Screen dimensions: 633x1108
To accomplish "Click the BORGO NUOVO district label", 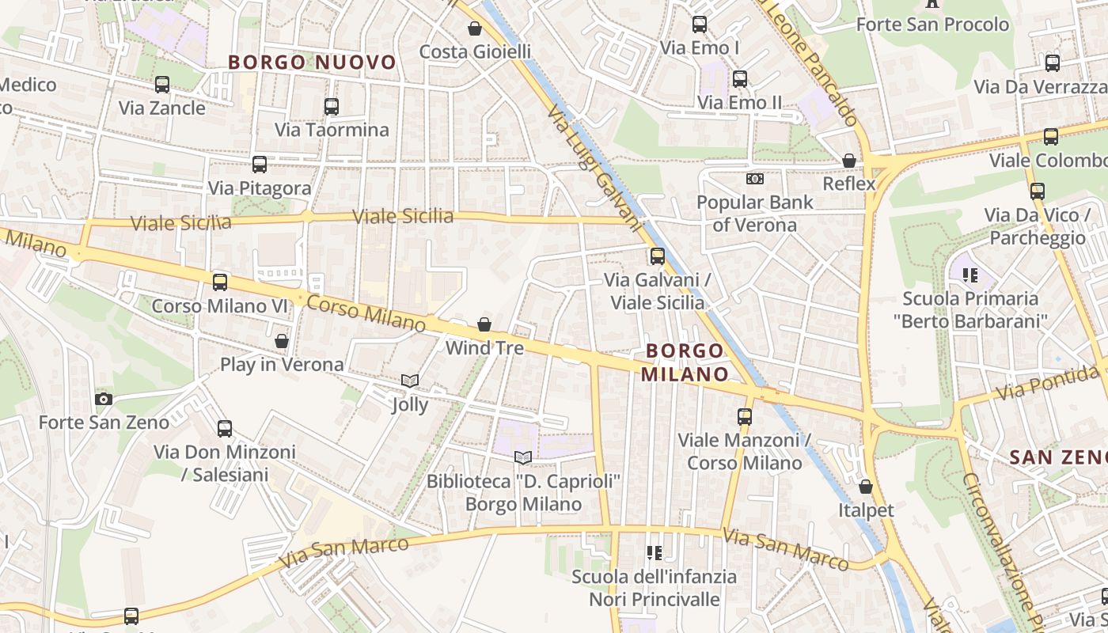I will [x=312, y=62].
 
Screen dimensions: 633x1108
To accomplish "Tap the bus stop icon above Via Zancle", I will [x=162, y=84].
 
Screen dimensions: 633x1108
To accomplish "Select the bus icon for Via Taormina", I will [x=332, y=106].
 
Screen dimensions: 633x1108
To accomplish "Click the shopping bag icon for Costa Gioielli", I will [x=475, y=28].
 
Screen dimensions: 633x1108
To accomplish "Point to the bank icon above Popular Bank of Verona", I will [x=755, y=179].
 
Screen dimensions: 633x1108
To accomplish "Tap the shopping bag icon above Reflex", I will [x=849, y=161].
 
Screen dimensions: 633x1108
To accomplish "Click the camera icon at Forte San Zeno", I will [x=104, y=399].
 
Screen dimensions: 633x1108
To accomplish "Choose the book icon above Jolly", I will [x=410, y=381].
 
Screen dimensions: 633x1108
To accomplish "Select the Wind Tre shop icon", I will [x=484, y=324].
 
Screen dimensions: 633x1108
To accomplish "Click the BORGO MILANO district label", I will [x=685, y=362].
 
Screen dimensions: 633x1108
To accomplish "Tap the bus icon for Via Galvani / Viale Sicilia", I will [x=658, y=256].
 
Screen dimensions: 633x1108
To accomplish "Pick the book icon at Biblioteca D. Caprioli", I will [x=523, y=457].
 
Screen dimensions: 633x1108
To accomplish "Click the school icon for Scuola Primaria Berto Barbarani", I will [x=970, y=275].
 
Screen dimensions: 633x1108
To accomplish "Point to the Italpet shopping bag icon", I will [x=866, y=487].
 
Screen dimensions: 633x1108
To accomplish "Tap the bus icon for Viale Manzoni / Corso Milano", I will [x=744, y=416].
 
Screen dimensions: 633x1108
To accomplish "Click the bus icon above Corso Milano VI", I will [x=220, y=282].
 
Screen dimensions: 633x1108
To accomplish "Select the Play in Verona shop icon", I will [x=282, y=341].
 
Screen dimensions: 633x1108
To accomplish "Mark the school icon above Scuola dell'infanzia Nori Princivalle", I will [x=654, y=552].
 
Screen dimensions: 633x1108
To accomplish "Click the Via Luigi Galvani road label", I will [x=594, y=168].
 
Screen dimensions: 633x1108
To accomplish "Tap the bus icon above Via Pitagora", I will [x=260, y=165].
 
